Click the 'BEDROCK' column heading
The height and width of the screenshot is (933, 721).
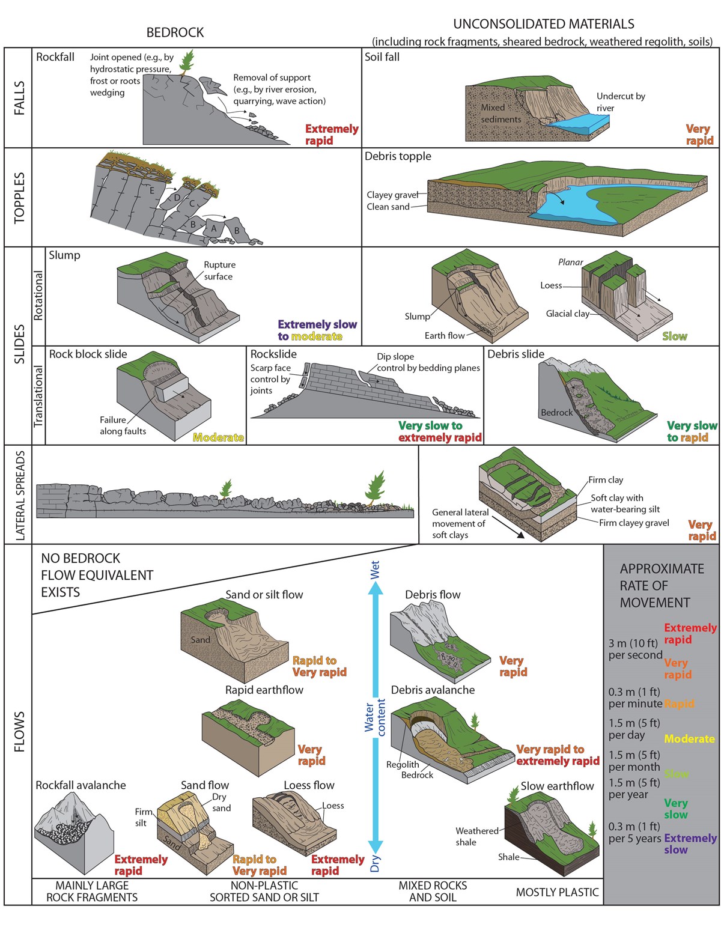pos(175,32)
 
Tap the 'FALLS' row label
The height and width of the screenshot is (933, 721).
pos(19,97)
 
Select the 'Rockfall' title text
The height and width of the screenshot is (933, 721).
pos(55,57)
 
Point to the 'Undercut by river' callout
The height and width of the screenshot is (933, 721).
pos(620,102)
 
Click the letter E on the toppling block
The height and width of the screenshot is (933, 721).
pos(152,190)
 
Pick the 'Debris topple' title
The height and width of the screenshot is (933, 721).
pos(398,156)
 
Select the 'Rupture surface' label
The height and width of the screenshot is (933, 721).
pos(219,270)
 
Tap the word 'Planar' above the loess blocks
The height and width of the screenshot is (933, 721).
pos(570,262)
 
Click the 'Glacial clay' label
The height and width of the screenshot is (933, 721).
pos(567,313)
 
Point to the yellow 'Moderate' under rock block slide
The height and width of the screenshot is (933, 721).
pos(218,437)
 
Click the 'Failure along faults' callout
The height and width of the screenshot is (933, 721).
pos(123,425)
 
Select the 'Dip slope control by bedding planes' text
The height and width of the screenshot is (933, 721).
pos(428,362)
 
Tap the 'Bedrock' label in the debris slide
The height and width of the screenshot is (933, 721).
pos(556,413)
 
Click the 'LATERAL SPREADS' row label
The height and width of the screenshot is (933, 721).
pos(19,494)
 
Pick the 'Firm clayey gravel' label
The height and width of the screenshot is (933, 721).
pos(634,523)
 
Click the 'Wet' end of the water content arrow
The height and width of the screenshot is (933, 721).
pos(375,570)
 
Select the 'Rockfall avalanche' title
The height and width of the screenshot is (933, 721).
pos(81,785)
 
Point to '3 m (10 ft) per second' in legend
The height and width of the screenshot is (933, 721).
pos(635,649)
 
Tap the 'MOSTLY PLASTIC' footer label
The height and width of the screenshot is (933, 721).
pos(557,892)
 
